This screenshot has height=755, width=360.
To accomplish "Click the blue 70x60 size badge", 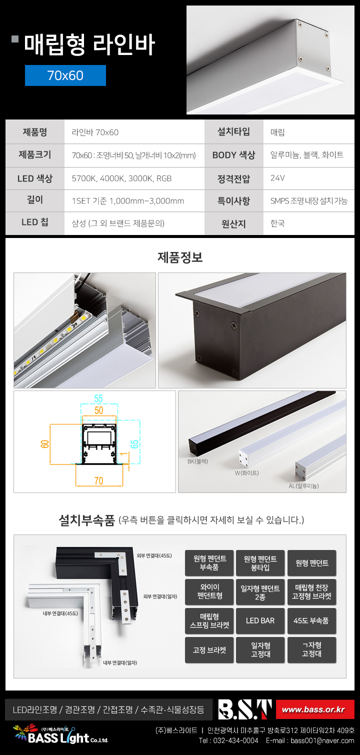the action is click(65, 75).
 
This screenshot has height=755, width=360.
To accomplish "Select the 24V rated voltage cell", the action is click(309, 178).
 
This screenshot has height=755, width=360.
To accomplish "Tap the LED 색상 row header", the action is click(35, 178).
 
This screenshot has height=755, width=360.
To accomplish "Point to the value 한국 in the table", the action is click(277, 223).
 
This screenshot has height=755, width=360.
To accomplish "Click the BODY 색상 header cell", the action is click(234, 155).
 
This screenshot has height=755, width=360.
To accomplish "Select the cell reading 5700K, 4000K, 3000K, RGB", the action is click(121, 178).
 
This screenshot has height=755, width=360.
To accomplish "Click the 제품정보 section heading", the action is click(180, 257).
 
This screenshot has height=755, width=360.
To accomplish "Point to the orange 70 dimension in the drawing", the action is click(99, 480).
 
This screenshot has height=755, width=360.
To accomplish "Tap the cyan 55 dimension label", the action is click(98, 398).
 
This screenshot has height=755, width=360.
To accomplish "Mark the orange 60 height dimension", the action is click(45, 444).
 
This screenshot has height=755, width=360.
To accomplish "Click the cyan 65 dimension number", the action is click(134, 444).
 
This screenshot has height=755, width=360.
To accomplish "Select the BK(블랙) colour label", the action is click(198, 461).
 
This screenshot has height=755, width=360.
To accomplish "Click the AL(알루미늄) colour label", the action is click(303, 485).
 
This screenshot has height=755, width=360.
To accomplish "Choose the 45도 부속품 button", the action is click(311, 620).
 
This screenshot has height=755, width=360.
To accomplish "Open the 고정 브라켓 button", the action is click(209, 650).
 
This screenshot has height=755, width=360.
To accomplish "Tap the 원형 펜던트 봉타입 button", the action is click(260, 563).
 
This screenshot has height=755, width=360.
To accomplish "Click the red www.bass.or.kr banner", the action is click(315, 709).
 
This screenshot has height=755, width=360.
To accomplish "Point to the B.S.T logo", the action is click(244, 709).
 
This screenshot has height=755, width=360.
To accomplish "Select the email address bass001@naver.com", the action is click(322, 740).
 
